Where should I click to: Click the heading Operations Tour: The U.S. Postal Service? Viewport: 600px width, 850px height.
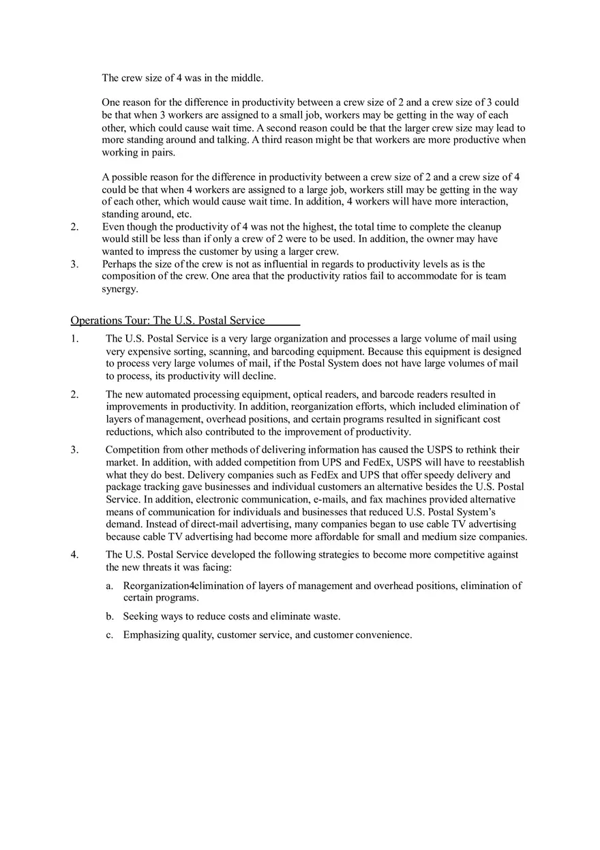click(x=168, y=320)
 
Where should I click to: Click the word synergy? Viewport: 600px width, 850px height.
click(x=119, y=288)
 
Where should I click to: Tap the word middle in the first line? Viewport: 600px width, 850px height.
click(x=247, y=78)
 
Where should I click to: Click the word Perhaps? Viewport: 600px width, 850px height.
click(x=121, y=264)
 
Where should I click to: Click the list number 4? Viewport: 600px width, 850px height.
click(x=74, y=555)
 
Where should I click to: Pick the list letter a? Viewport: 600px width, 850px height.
click(x=109, y=586)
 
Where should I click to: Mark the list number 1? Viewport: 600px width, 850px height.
click(x=74, y=339)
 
